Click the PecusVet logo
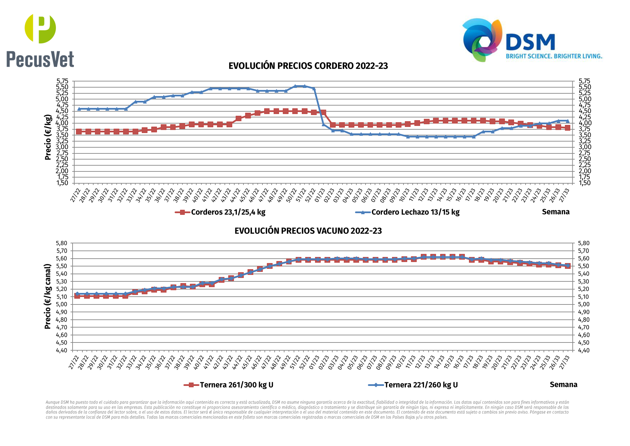pyautogui.click(x=40, y=41)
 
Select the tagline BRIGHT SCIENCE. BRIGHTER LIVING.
pyautogui.click(x=554, y=56)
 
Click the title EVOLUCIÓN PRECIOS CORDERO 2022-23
pyautogui.click(x=308, y=66)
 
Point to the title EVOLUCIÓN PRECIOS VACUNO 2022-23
pyautogui.click(x=308, y=231)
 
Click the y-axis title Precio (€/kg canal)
pyautogui.click(x=48, y=296)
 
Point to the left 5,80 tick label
pyautogui.click(x=62, y=243)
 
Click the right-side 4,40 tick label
pyautogui.click(x=584, y=350)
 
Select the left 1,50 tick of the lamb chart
pyautogui.click(x=62, y=183)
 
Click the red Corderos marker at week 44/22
pyautogui.click(x=238, y=118)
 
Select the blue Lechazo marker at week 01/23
pyautogui.click(x=323, y=124)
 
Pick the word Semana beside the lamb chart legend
pyautogui.click(x=555, y=212)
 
